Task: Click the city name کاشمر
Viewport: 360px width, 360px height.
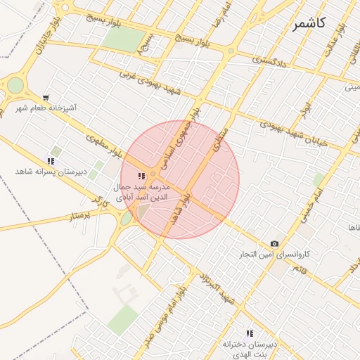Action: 309,22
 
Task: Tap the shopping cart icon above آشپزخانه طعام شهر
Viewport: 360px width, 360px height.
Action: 46,98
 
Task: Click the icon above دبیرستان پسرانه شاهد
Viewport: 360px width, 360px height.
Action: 51,161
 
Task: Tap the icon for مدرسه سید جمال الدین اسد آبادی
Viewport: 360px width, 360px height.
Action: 141,176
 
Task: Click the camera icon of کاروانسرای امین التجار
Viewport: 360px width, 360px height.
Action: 274,243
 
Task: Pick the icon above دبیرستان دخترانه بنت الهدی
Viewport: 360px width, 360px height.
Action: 249,333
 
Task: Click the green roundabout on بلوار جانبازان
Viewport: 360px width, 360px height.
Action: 15,86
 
